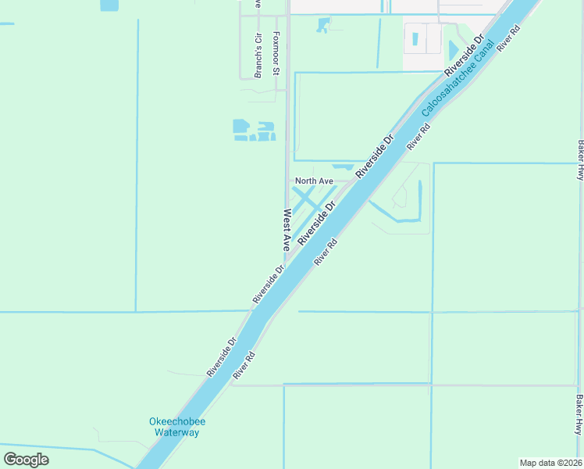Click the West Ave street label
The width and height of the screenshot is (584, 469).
287,228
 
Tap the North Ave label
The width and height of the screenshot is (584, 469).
314,181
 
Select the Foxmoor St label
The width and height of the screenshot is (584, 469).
276,53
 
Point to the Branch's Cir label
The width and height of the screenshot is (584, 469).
258,56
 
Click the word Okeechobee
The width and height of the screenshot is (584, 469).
177,422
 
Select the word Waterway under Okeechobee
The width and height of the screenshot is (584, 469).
177,432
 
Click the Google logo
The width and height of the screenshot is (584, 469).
26,459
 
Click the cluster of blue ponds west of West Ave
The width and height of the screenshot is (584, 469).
255,131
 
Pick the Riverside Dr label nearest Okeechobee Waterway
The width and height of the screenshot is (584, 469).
221,357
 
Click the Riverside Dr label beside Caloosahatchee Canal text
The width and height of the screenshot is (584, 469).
465,53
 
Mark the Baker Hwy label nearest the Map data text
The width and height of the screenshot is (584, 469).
579,415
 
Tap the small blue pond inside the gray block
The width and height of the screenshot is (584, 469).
415,37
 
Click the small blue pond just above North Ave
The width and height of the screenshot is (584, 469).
342,166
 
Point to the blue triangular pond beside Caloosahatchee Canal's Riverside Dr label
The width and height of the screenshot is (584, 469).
454,49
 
